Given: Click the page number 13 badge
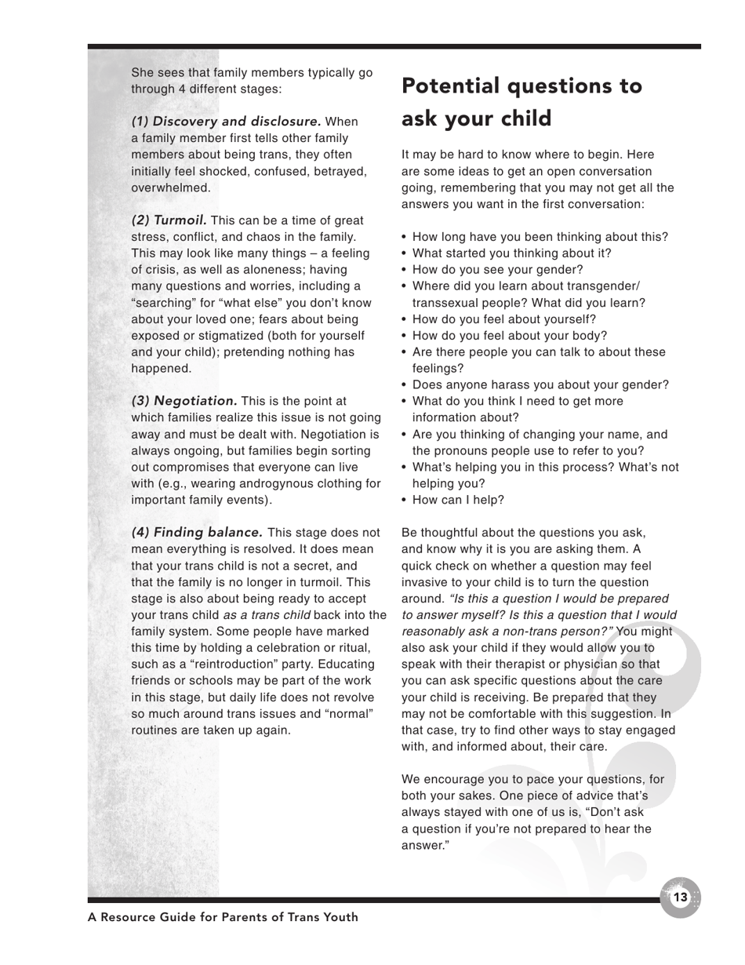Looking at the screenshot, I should [680, 897].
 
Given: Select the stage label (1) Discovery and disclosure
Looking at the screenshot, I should [226, 122].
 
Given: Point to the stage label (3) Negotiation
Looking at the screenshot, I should [184, 401].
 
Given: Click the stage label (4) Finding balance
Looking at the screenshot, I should [197, 532].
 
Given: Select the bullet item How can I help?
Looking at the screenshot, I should [458, 500].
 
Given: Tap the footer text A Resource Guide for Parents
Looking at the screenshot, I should [223, 917].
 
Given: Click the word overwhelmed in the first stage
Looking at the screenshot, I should [160, 188].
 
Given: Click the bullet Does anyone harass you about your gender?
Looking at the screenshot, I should [540, 384].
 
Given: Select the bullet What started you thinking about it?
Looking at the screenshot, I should [511, 253].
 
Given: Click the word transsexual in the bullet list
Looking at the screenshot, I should [445, 303].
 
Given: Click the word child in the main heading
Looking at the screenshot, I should [541, 118].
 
